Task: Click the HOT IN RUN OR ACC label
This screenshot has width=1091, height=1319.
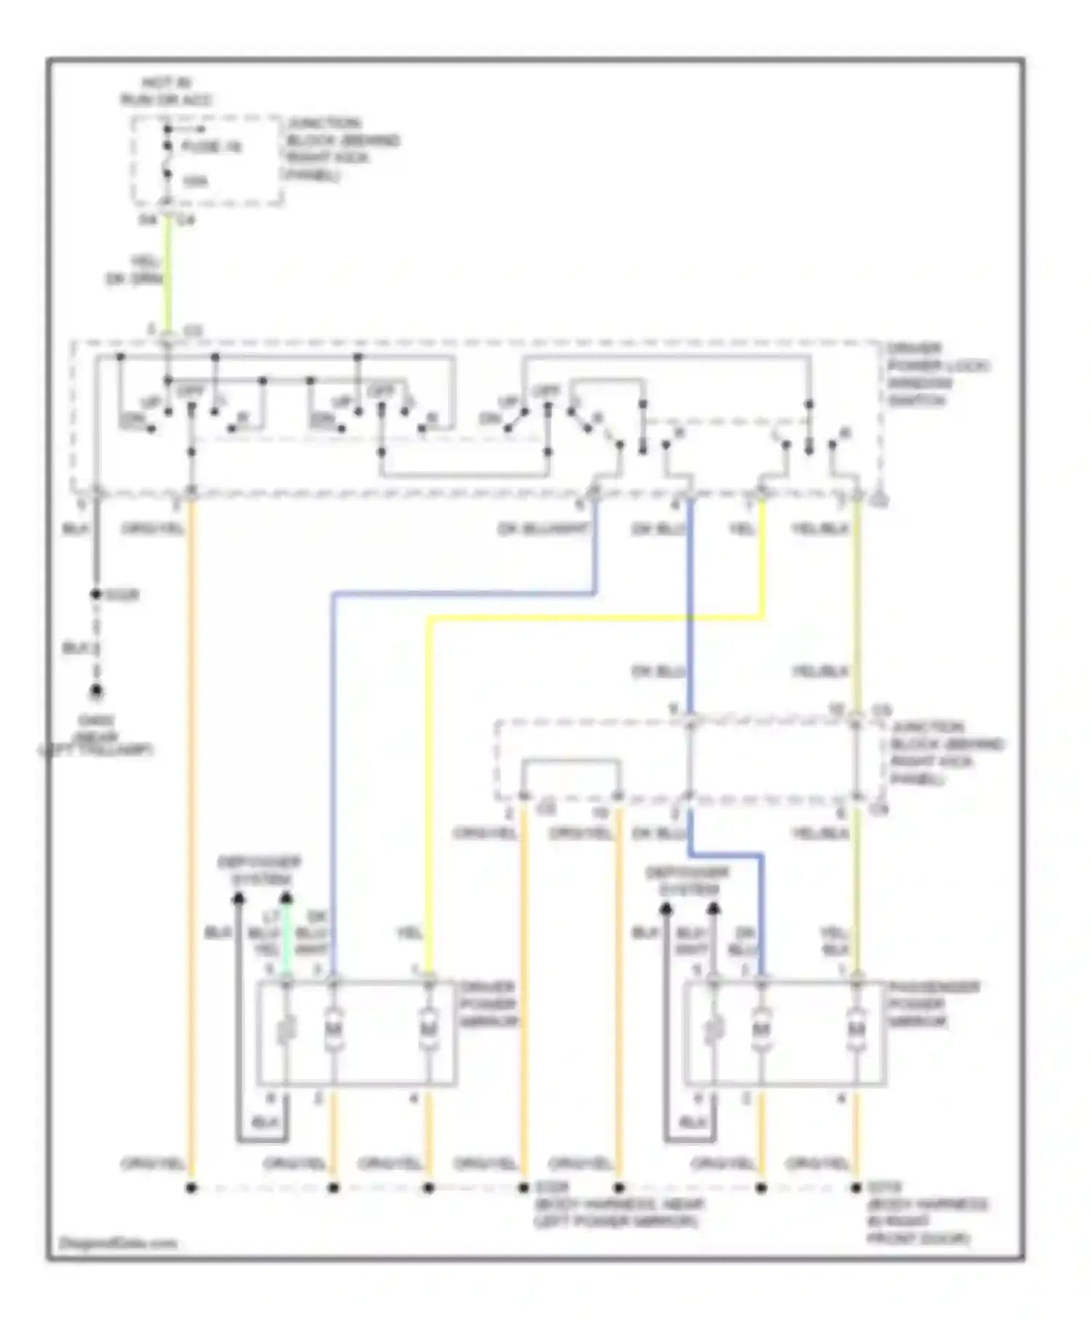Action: tap(167, 92)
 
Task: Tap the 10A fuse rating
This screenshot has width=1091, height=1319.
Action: tap(194, 181)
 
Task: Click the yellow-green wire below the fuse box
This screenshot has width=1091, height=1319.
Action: tap(167, 276)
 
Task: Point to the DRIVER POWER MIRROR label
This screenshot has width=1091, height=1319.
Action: tap(488, 1004)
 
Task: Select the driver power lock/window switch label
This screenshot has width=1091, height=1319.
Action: tap(937, 374)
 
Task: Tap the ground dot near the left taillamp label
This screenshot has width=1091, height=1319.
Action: tap(95, 691)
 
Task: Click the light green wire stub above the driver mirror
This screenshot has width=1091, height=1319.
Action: tap(286, 938)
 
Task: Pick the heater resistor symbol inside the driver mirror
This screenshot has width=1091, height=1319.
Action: tap(286, 1030)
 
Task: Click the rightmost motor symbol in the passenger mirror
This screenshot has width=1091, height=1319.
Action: tap(856, 1030)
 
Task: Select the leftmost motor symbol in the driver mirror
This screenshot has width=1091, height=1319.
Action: tap(333, 1030)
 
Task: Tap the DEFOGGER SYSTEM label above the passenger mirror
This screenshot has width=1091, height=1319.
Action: tap(687, 880)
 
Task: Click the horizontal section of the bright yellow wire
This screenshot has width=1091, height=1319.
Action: tap(596, 618)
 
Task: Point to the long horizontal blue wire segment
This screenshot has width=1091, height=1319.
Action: tap(465, 594)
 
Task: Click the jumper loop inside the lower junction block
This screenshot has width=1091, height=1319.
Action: tap(571, 761)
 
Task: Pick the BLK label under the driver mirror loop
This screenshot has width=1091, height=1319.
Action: tap(264, 1122)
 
